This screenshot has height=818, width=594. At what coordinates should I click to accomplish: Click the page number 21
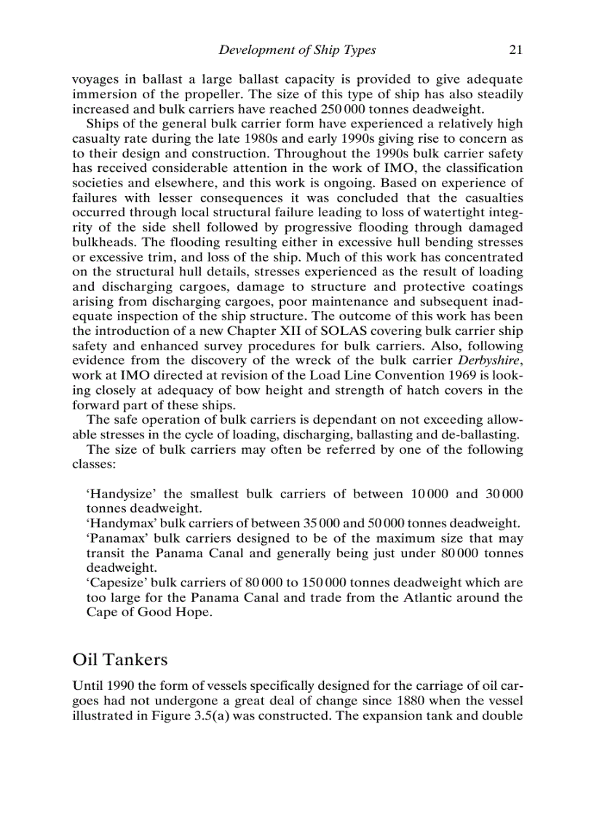(515, 50)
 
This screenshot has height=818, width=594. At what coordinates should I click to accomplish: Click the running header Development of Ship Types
(297, 50)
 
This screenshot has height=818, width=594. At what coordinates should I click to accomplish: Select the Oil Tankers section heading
(120, 659)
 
